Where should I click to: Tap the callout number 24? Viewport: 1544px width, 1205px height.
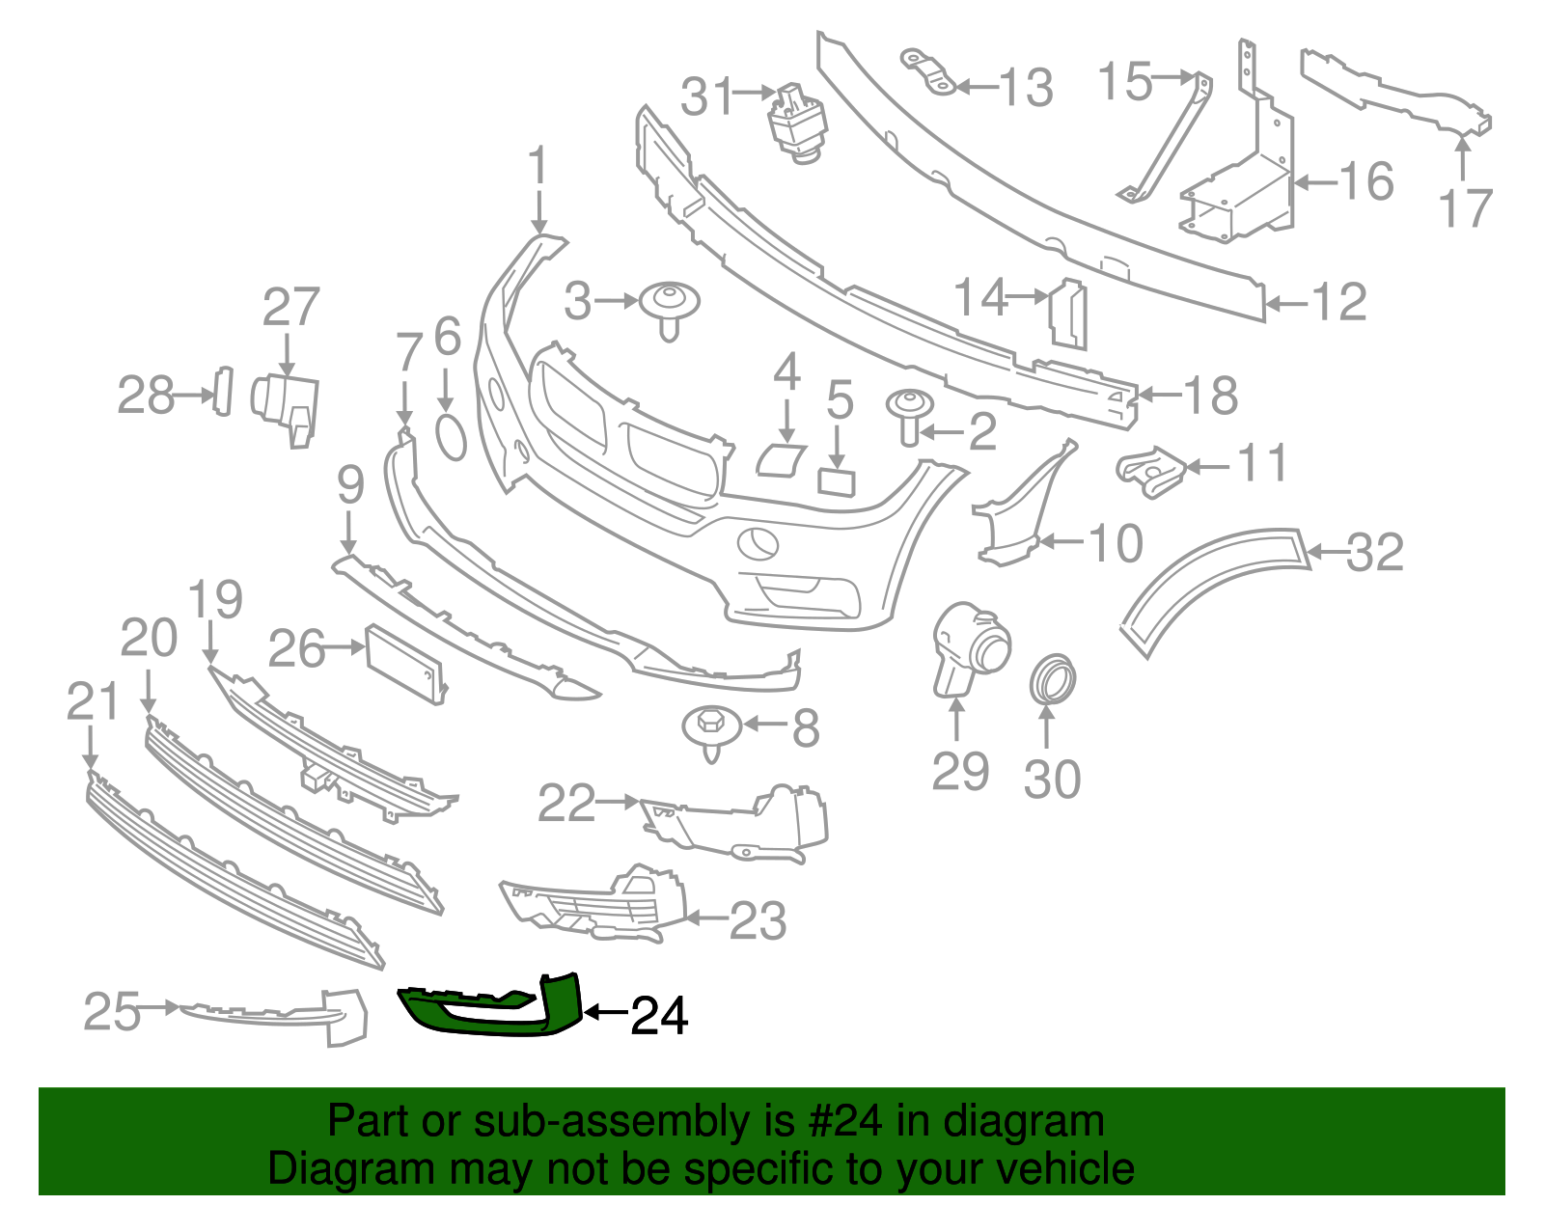(659, 1016)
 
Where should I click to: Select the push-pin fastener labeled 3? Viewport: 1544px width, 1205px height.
(670, 307)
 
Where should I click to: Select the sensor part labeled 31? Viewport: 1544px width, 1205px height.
(798, 123)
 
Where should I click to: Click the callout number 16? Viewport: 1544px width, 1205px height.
(1366, 181)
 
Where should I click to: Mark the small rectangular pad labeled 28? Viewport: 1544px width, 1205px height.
(223, 392)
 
